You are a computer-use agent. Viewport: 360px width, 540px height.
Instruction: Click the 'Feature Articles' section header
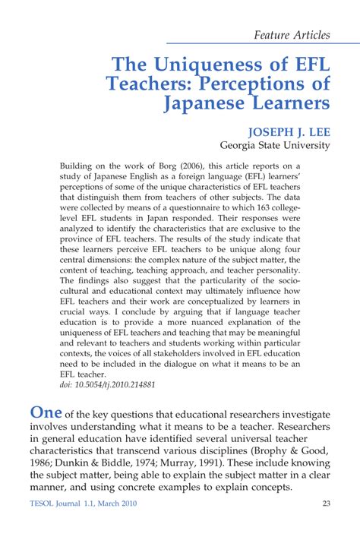292,34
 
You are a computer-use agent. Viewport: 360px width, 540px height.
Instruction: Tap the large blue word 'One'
45,412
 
